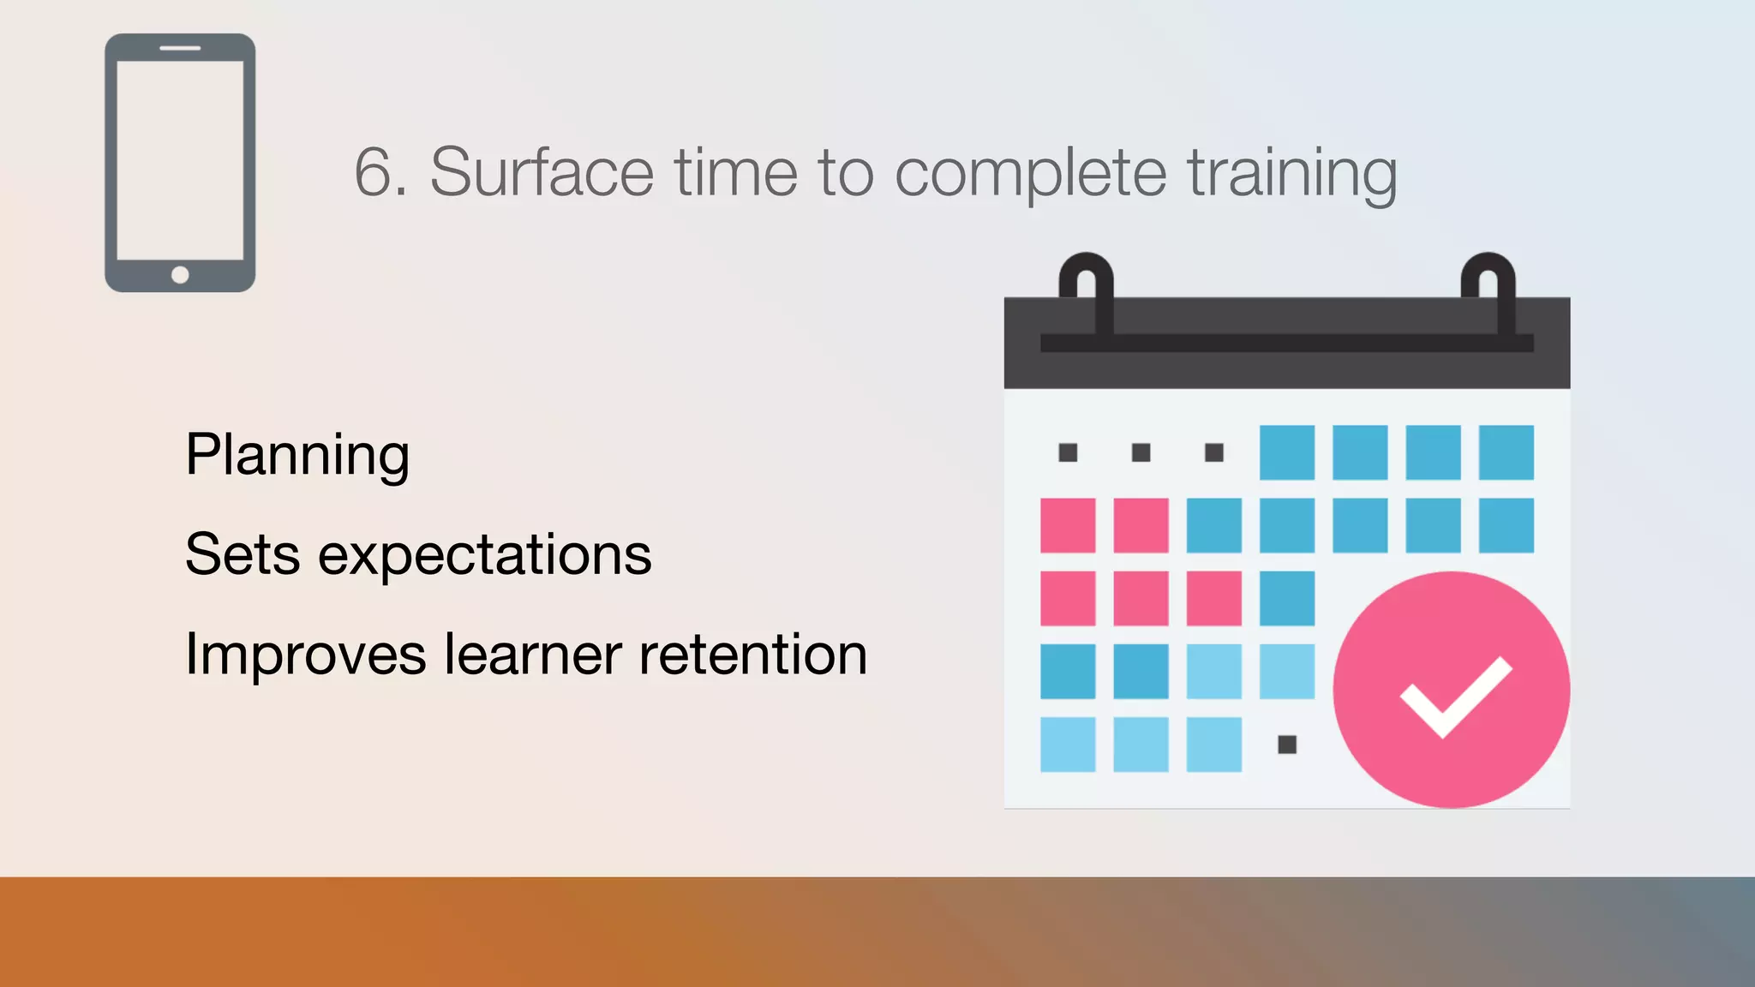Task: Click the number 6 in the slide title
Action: click(x=374, y=172)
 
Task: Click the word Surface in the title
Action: click(x=542, y=172)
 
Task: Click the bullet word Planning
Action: click(x=297, y=455)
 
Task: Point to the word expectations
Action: click(x=485, y=555)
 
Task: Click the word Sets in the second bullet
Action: click(x=243, y=553)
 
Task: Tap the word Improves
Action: click(x=305, y=655)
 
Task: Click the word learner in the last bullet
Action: click(x=532, y=655)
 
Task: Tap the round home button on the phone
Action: click(x=180, y=275)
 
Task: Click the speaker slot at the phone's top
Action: click(x=180, y=48)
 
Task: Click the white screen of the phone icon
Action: click(x=180, y=159)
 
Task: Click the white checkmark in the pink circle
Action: click(x=1455, y=696)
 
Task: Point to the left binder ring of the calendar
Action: click(x=1087, y=291)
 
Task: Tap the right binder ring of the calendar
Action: click(x=1488, y=291)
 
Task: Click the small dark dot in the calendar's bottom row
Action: click(x=1287, y=745)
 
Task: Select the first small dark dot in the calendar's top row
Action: click(x=1068, y=452)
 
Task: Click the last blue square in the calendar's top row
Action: click(x=1506, y=452)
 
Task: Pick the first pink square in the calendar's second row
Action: click(x=1068, y=525)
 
